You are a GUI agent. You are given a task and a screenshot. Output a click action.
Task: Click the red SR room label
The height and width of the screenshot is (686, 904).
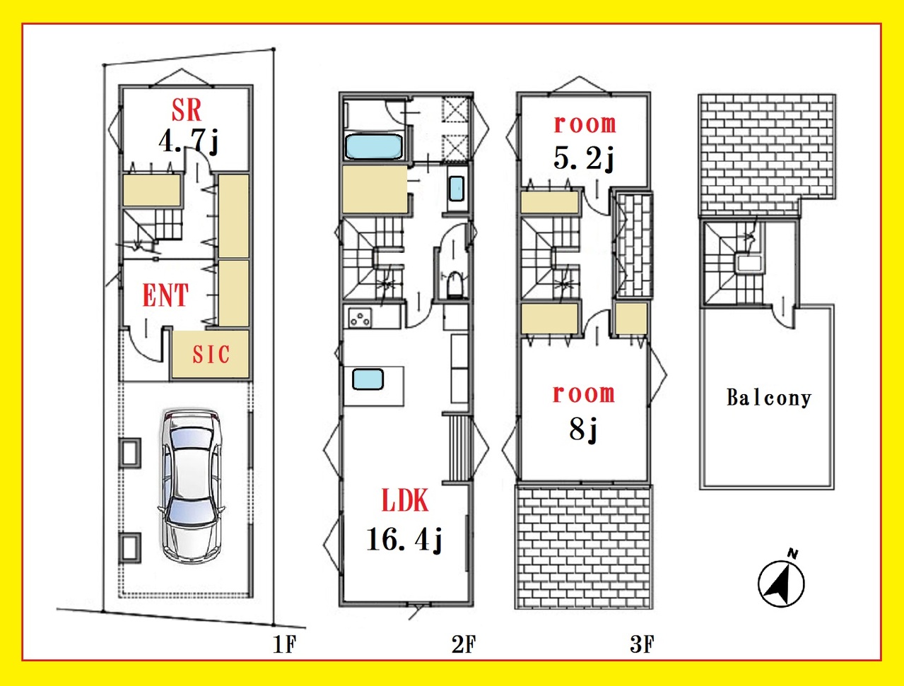tap(187, 110)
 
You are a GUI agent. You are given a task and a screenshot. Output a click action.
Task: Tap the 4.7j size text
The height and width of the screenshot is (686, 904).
tap(188, 141)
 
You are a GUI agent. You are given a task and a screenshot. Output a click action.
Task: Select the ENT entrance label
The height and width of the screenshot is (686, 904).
tap(165, 295)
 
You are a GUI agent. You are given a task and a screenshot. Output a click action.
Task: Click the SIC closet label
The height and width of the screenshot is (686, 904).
tap(211, 354)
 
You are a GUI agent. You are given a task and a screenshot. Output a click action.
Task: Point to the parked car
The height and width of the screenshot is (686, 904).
tap(192, 486)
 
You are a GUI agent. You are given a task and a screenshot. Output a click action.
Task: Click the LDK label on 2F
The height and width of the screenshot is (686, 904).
tap(405, 500)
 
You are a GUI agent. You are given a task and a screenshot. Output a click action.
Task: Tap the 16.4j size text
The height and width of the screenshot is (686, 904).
tap(404, 539)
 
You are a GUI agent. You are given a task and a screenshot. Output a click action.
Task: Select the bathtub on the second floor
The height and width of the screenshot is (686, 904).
tap(373, 146)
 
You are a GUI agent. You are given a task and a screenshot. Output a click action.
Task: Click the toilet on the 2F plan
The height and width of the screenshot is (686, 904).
tap(455, 283)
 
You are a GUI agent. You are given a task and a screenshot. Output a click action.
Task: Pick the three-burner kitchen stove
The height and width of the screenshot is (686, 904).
tap(360, 318)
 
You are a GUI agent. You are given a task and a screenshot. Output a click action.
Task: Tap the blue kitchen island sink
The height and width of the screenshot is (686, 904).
tap(368, 379)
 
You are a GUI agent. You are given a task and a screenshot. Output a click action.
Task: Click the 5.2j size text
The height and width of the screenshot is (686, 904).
tap(584, 158)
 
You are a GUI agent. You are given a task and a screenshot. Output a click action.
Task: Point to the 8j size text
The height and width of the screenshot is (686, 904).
tap(583, 428)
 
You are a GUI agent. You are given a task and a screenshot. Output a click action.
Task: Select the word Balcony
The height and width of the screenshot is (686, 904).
tap(769, 398)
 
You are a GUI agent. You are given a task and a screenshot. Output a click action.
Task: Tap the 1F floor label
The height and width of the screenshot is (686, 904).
tap(285, 644)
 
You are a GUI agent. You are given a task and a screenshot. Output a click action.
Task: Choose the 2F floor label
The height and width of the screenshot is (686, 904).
tap(464, 644)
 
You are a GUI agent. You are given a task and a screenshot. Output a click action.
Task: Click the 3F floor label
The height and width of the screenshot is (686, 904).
tap(642, 644)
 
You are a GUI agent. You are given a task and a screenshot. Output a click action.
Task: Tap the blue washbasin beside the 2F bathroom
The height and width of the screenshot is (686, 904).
tap(457, 189)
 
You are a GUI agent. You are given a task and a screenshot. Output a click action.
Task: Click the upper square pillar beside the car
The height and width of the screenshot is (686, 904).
tap(130, 453)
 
